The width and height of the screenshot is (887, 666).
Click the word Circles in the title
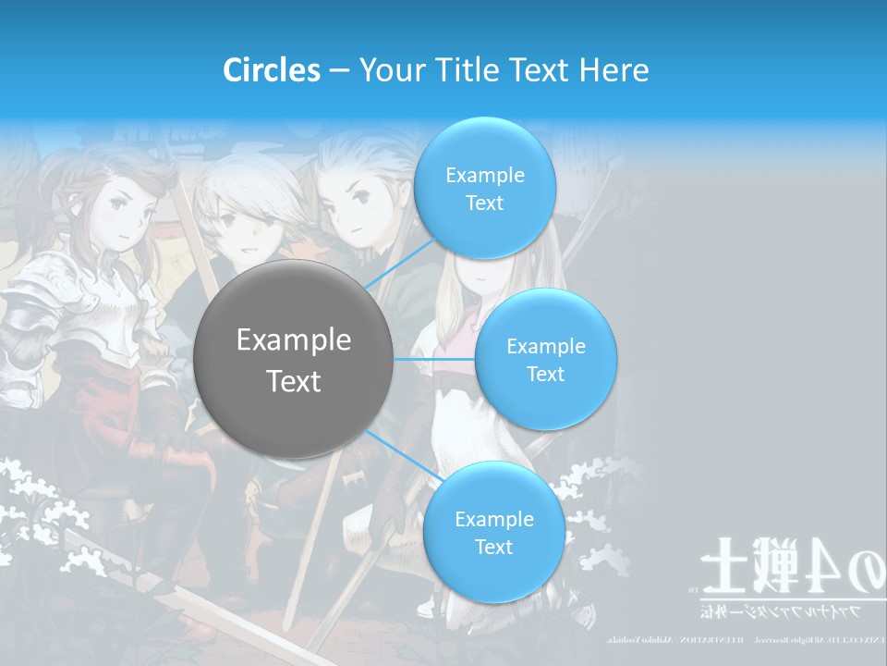point(271,70)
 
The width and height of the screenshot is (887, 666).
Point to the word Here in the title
point(614,70)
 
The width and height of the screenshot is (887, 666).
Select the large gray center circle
point(293,359)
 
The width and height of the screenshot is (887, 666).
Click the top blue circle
point(484,188)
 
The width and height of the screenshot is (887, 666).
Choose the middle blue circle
point(545,359)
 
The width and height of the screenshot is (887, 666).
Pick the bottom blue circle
point(493,532)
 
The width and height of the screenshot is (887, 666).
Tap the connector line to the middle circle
point(434,359)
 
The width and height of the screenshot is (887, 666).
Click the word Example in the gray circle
point(293,339)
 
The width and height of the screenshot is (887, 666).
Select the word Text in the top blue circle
point(484,203)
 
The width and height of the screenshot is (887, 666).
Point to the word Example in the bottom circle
point(493,519)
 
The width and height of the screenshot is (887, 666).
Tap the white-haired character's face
point(242,227)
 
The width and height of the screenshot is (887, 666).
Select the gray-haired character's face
point(349,208)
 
